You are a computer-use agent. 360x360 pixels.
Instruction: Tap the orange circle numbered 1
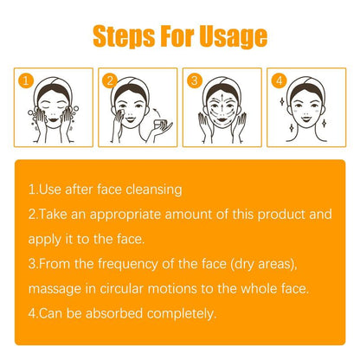point(27,81)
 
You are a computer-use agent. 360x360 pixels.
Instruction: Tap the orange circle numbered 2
point(110,81)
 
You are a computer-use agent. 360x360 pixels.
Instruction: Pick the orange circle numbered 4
point(277,81)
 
